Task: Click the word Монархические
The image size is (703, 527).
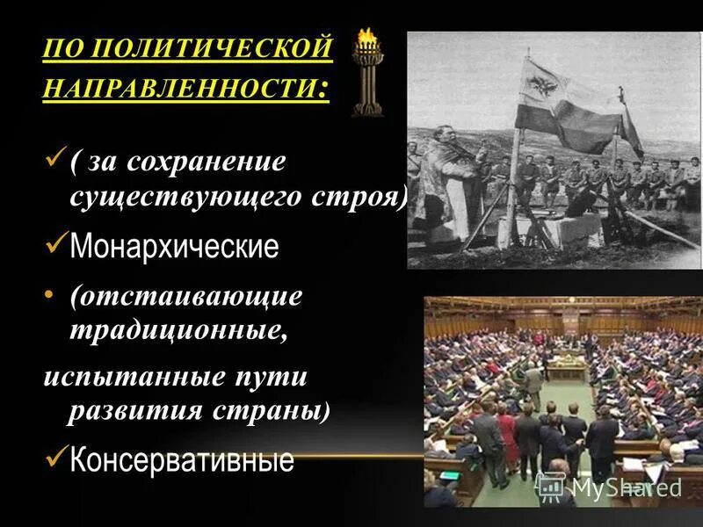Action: pos(174,247)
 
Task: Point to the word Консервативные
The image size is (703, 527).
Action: pos(182,458)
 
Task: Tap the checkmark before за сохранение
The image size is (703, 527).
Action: pos(54,159)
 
